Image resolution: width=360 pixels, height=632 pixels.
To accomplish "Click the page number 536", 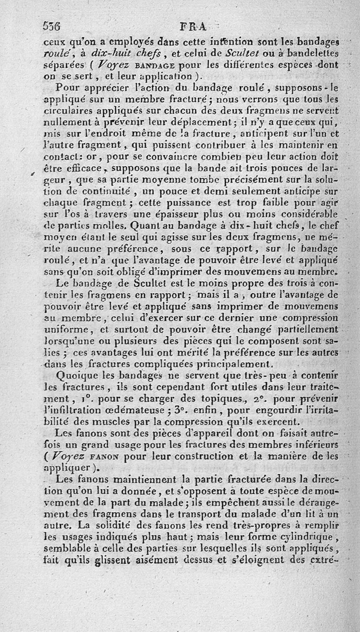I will point(52,26).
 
